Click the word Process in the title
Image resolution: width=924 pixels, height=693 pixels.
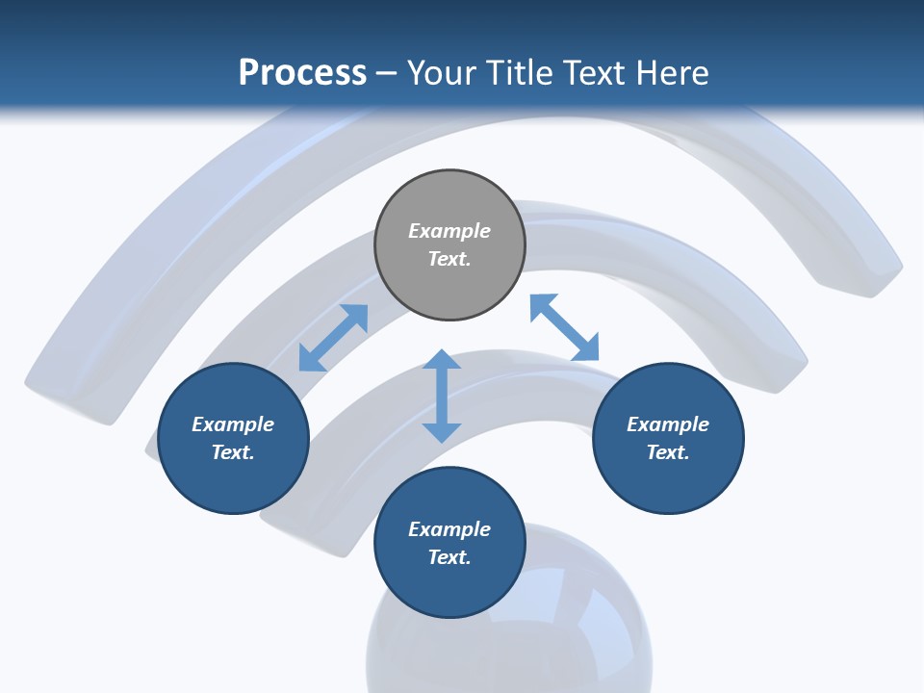click(302, 73)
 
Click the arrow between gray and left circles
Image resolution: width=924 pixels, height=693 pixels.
click(333, 338)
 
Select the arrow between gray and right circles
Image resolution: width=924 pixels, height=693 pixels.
click(564, 328)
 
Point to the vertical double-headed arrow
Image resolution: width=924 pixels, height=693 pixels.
click(442, 396)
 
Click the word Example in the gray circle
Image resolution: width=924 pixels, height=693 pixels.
click(449, 231)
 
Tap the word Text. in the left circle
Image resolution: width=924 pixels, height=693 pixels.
click(233, 452)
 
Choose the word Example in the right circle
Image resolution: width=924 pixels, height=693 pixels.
click(668, 424)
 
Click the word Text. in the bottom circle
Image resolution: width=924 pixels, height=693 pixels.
click(449, 557)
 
